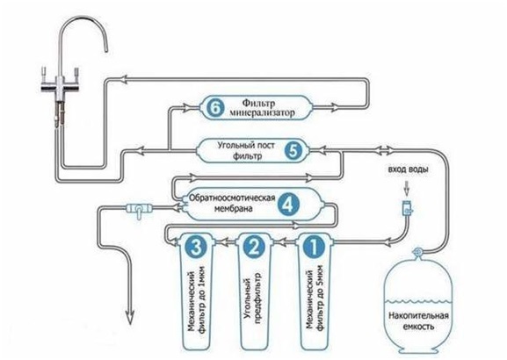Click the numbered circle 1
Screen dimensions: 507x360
[x=314, y=247]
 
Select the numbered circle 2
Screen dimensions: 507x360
[x=253, y=247]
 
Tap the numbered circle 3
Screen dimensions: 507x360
[x=195, y=247]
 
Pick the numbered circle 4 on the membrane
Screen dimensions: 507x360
[x=288, y=205]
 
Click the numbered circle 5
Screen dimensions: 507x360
[x=293, y=151]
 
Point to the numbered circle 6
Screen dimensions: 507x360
[x=214, y=108]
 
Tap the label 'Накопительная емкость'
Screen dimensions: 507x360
[x=418, y=320]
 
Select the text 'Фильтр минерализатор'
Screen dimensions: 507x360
[x=262, y=108]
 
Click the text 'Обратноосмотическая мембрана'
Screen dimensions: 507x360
[x=232, y=203]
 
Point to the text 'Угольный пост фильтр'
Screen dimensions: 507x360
[x=246, y=151]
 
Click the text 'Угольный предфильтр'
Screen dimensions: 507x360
[x=253, y=298]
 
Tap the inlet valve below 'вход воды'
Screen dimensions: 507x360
[x=407, y=207]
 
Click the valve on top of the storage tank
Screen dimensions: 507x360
[x=417, y=251]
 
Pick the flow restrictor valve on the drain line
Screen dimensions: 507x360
[x=139, y=209]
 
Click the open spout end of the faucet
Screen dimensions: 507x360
[x=105, y=50]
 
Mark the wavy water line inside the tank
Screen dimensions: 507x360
[x=418, y=301]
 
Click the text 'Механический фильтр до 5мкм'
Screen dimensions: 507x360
[x=315, y=298]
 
